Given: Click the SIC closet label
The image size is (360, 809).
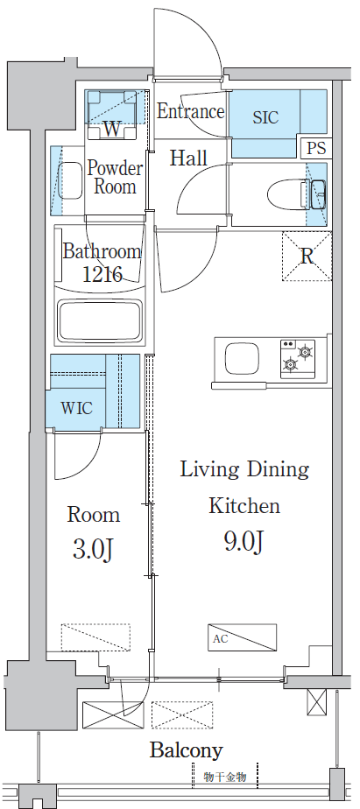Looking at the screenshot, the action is point(265,117).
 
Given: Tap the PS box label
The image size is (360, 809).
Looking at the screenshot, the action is point(316,148).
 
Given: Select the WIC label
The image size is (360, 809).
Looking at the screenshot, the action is point(76,409).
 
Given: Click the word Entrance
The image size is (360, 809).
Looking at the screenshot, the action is point(190,111).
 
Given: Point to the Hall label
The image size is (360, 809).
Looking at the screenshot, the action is point(188,158).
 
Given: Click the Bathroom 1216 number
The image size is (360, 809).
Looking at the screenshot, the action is point(102,273).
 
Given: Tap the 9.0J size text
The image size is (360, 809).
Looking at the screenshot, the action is point(245,543).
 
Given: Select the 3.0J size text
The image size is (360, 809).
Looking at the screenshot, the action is point(94,550).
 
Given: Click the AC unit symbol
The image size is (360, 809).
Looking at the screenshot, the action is point(243,637).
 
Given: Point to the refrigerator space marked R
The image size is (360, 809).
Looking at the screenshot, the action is point(307,256).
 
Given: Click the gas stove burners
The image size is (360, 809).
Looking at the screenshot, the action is point(298,358).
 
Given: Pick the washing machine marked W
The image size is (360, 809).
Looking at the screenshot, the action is point(111,115).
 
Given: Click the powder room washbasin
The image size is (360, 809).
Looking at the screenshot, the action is point(69,180).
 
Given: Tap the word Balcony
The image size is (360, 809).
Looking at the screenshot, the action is point(187,750).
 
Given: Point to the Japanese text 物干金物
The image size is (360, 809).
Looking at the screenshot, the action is point(225,777).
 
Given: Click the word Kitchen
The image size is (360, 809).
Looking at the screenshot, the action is point(244,506).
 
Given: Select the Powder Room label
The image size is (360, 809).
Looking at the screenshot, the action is point(115,177).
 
